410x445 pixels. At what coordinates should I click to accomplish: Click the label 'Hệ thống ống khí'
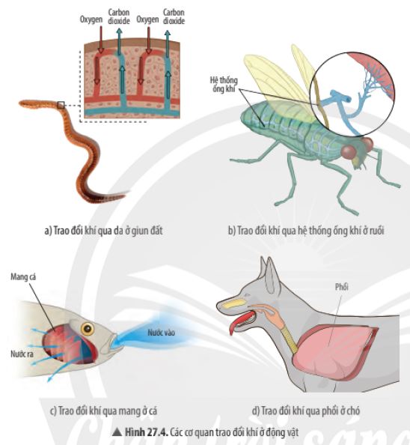click(x=224, y=85)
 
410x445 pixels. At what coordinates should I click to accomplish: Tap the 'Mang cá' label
click(x=23, y=277)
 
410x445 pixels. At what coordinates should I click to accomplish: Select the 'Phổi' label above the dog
click(x=341, y=287)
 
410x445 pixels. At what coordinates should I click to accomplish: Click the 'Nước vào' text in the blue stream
click(x=161, y=333)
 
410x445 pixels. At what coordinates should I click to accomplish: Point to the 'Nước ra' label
click(x=22, y=354)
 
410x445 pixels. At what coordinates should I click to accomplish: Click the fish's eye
click(x=88, y=329)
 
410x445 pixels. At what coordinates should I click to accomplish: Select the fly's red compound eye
click(x=349, y=152)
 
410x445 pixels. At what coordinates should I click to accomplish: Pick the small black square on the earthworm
click(x=61, y=106)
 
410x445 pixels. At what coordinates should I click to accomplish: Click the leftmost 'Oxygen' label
click(x=91, y=19)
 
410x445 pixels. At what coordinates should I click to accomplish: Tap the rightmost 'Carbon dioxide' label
click(x=174, y=16)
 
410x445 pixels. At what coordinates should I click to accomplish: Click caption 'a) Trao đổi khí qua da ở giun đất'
click(x=103, y=231)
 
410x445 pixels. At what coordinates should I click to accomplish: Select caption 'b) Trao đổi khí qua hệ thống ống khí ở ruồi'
click(x=306, y=231)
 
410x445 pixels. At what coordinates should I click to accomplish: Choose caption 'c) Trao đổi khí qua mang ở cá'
click(x=103, y=411)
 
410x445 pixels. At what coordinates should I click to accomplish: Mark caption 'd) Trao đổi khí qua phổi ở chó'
click(x=306, y=411)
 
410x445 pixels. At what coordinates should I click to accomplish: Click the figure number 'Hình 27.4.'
click(x=147, y=432)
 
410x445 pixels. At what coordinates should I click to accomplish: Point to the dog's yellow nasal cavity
click(x=233, y=303)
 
